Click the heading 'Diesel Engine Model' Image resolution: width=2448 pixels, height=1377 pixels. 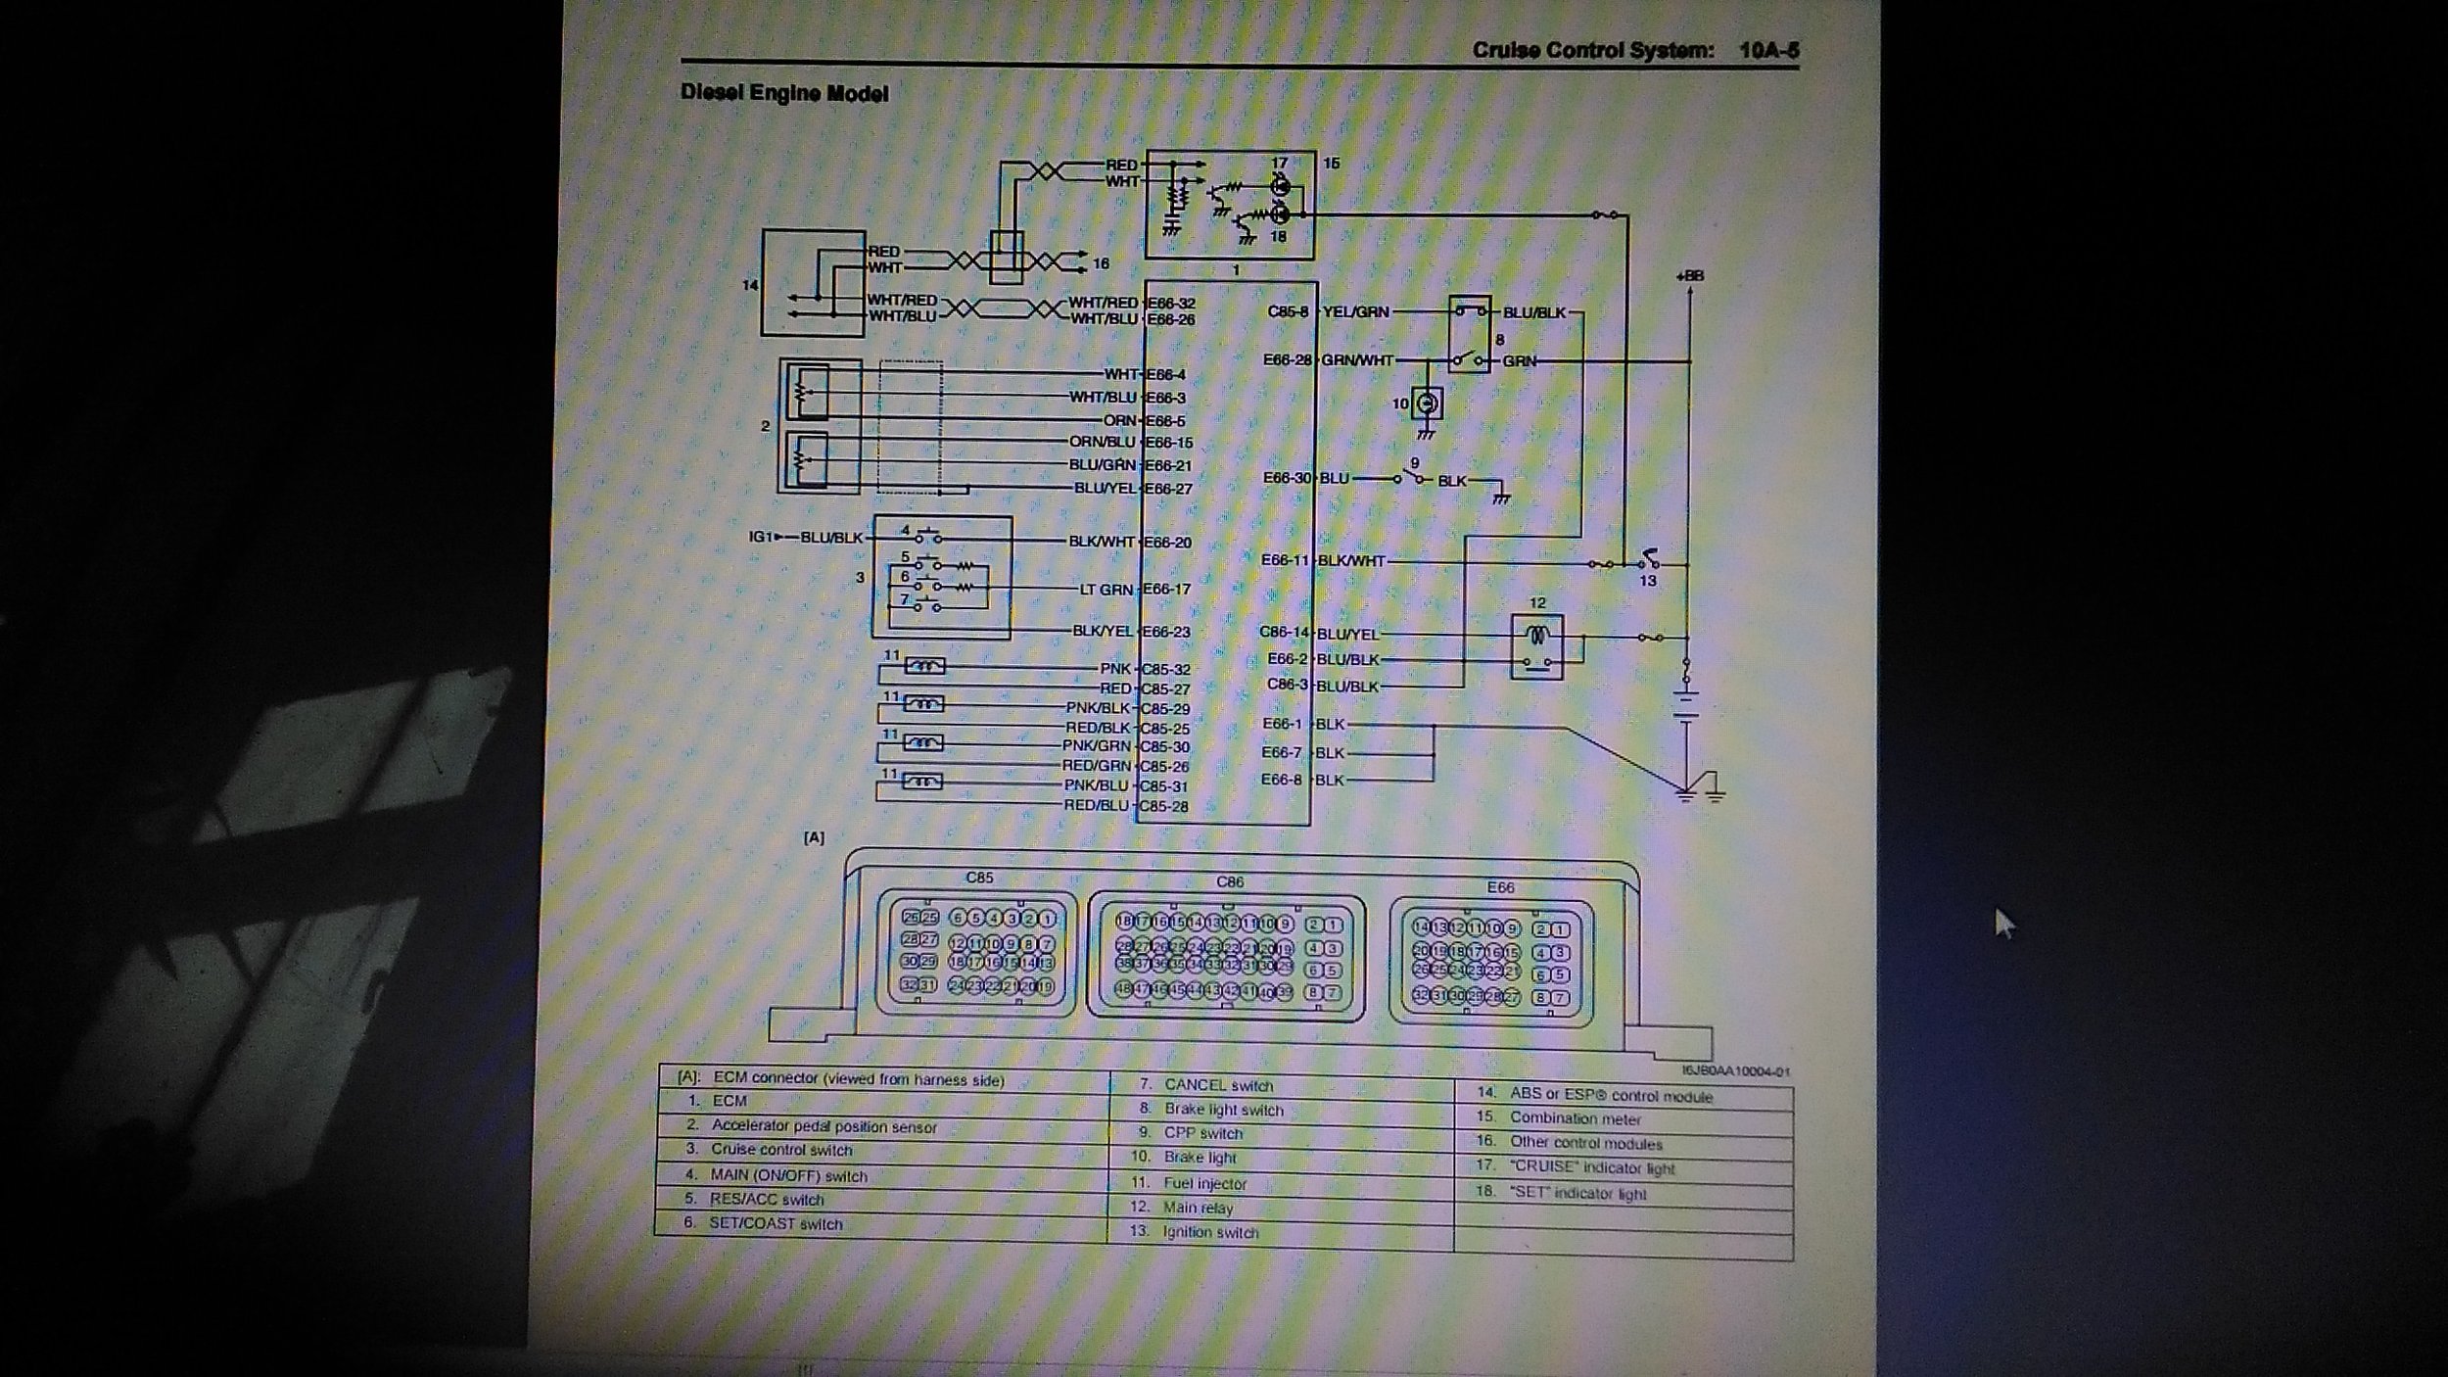(x=784, y=94)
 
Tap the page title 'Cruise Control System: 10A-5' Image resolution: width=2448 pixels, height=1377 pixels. (x=1634, y=51)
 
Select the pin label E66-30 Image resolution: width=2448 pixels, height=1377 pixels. (x=1286, y=479)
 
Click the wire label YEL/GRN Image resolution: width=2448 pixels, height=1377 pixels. (x=1355, y=312)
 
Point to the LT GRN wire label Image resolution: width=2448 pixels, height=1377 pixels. (x=1106, y=589)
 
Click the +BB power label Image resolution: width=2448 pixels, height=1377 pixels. (x=1689, y=276)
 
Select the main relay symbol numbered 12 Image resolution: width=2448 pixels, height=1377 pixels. (x=1536, y=645)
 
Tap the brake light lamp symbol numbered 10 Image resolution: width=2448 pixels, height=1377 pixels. (x=1428, y=403)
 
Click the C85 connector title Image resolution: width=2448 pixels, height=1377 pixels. (x=979, y=878)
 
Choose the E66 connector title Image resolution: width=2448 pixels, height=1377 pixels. (x=1500, y=887)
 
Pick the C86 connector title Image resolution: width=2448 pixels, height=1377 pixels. (x=1230, y=881)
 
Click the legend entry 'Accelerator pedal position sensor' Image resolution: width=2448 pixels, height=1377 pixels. (x=824, y=1126)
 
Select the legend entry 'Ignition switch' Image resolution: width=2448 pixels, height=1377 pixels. (x=1210, y=1232)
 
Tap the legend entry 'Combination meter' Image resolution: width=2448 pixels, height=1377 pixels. (x=1575, y=1118)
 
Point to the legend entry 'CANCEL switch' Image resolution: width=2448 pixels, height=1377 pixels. (x=1218, y=1085)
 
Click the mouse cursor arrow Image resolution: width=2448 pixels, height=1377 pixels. (x=2003, y=922)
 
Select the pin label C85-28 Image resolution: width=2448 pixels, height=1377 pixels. (x=1164, y=806)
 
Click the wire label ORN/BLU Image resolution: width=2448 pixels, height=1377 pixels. (x=1102, y=443)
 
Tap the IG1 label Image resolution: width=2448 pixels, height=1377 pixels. (x=760, y=538)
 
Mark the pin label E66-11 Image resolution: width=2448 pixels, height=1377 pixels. (x=1284, y=561)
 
